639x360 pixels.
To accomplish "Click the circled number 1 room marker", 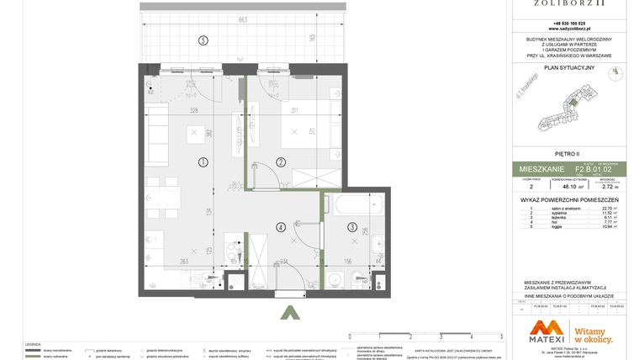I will click(203, 161).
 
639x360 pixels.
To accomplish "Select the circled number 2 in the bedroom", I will click(281, 161).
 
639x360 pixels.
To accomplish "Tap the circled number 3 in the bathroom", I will click(351, 227).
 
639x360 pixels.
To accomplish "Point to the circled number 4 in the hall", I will click(280, 225).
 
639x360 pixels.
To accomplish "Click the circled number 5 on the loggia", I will click(202, 40).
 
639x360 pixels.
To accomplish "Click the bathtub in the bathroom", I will click(354, 204).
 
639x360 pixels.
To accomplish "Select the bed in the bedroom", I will click(298, 131).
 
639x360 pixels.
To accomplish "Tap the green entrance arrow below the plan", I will click(290, 314).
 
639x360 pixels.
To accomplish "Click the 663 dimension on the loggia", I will click(242, 19).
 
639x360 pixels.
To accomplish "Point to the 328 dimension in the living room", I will click(193, 110).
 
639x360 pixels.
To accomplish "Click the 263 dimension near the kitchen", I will click(183, 261).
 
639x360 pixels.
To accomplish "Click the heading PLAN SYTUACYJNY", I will click(569, 67).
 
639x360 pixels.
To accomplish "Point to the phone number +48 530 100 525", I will click(569, 23).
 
